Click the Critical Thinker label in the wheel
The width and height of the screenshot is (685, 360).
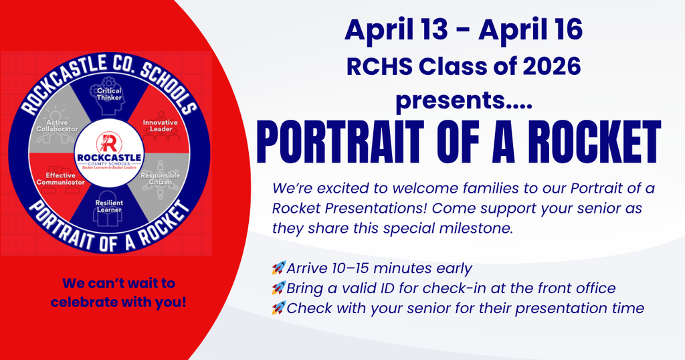pyautogui.click(x=109, y=94)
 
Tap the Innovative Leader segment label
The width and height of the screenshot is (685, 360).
pyautogui.click(x=161, y=126)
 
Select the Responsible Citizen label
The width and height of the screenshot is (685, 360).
pyautogui.click(x=161, y=178)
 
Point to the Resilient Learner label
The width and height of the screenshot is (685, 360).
pyautogui.click(x=109, y=206)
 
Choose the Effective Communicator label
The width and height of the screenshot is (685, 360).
pyautogui.click(x=61, y=179)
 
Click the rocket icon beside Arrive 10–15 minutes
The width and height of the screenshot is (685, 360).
pyautogui.click(x=278, y=268)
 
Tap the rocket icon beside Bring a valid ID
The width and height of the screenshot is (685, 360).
pyautogui.click(x=278, y=288)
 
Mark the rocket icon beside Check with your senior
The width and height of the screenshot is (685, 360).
pyautogui.click(x=278, y=308)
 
